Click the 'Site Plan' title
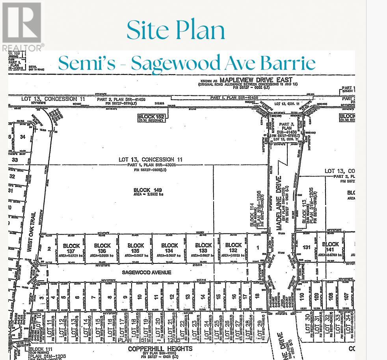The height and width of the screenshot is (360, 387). pos(176,30)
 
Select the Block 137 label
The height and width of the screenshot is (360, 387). pos(71,248)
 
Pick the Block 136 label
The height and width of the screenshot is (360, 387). pos(102,248)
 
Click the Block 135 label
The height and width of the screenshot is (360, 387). pos(136,248)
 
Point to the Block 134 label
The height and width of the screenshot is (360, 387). pos(169,248)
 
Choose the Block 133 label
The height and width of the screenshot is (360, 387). pos(203,248)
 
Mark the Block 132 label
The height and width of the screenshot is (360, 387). pos(233,248)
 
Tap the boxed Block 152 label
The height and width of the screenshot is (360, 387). pos(152,117)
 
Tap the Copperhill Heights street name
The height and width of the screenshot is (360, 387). pos(160,349)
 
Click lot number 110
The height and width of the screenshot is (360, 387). pos(302,296)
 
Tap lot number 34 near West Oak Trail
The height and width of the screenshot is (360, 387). pos(22,137)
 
